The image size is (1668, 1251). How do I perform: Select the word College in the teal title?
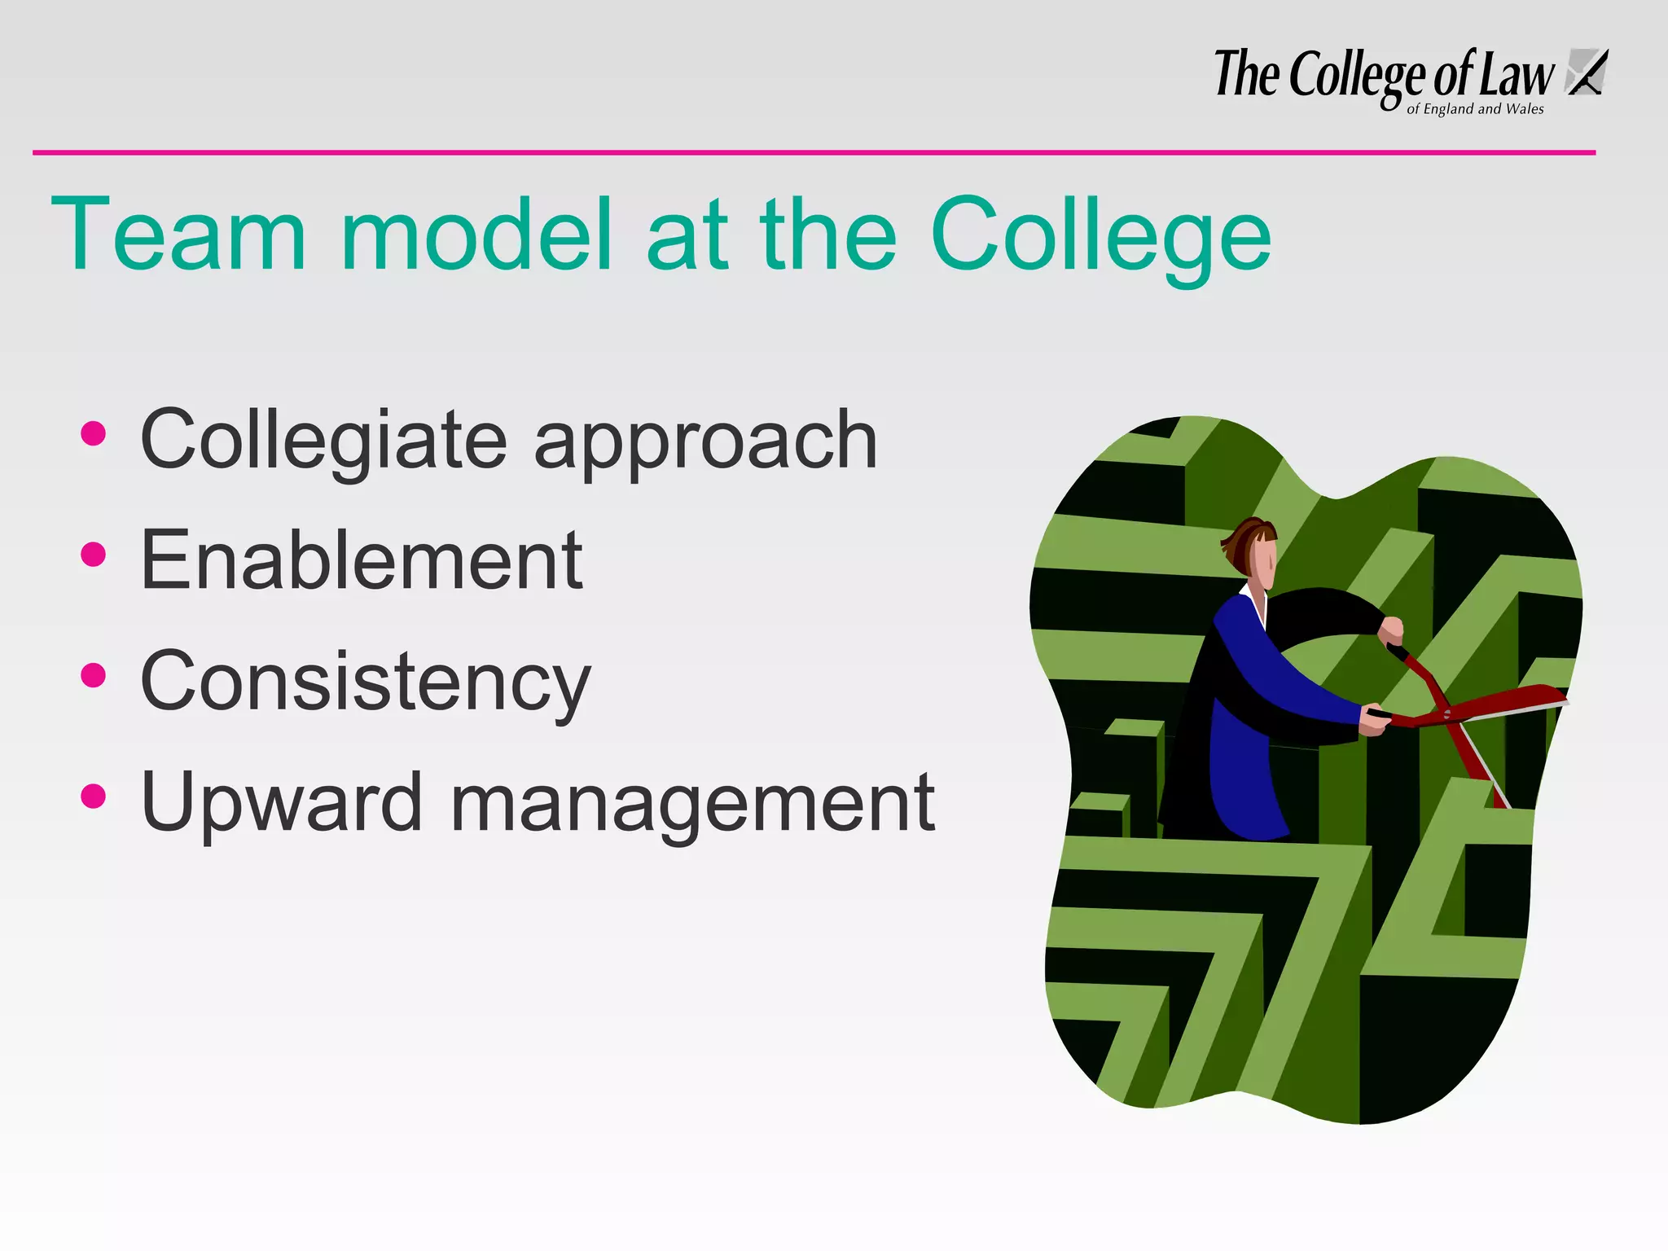pos(1100,236)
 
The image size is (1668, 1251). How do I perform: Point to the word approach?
pos(705,444)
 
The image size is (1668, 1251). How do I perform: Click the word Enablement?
pos(361,560)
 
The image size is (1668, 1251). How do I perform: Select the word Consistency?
pos(365,682)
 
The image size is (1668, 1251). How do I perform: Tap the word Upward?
pos(281,802)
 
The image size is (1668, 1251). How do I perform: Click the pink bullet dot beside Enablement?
pos(94,555)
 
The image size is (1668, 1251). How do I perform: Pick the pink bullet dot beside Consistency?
pos(94,675)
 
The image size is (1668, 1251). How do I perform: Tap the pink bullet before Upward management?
pos(94,796)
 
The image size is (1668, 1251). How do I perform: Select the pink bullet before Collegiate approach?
pos(94,433)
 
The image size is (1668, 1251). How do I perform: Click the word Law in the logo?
pos(1517,75)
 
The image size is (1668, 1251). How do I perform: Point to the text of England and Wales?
pos(1475,109)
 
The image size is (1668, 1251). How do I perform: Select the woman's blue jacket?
pos(1254,717)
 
